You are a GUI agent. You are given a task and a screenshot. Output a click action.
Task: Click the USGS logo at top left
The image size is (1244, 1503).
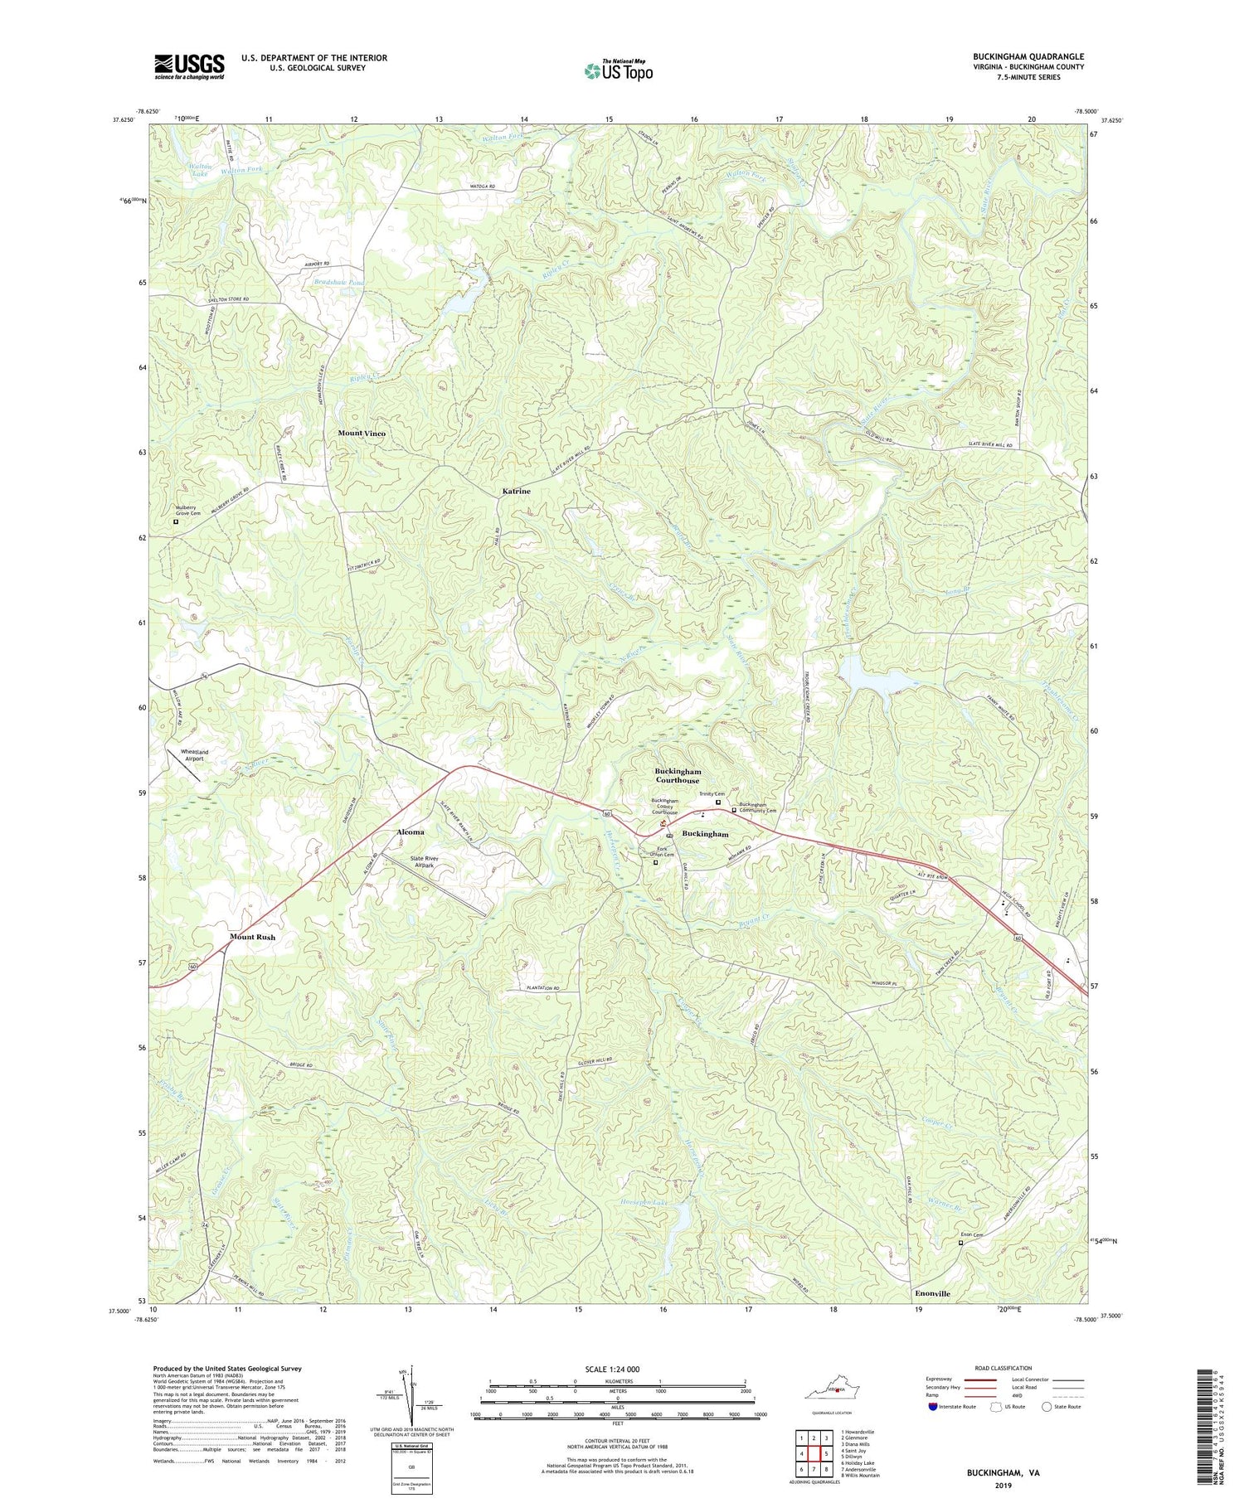tap(189, 66)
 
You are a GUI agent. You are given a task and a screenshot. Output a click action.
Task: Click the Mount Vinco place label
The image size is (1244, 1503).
tap(362, 434)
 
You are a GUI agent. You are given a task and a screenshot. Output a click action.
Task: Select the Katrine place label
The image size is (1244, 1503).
tap(516, 492)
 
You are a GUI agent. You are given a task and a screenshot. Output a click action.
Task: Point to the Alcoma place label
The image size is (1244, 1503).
tap(411, 831)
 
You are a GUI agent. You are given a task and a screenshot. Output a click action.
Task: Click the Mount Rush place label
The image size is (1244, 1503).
tap(252, 937)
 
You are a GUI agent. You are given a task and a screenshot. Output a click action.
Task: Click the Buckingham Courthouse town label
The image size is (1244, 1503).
tap(678, 775)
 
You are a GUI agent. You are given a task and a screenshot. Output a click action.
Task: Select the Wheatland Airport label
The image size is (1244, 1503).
tap(192, 754)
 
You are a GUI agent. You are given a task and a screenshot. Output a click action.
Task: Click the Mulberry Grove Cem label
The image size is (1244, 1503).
tap(187, 510)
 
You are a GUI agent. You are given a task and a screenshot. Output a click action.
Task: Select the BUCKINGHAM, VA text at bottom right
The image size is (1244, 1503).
tap(1002, 1473)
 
